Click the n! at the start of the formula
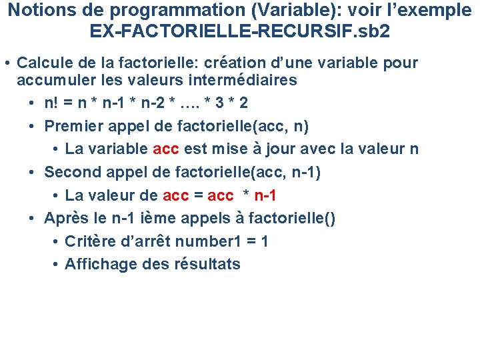point(51,103)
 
